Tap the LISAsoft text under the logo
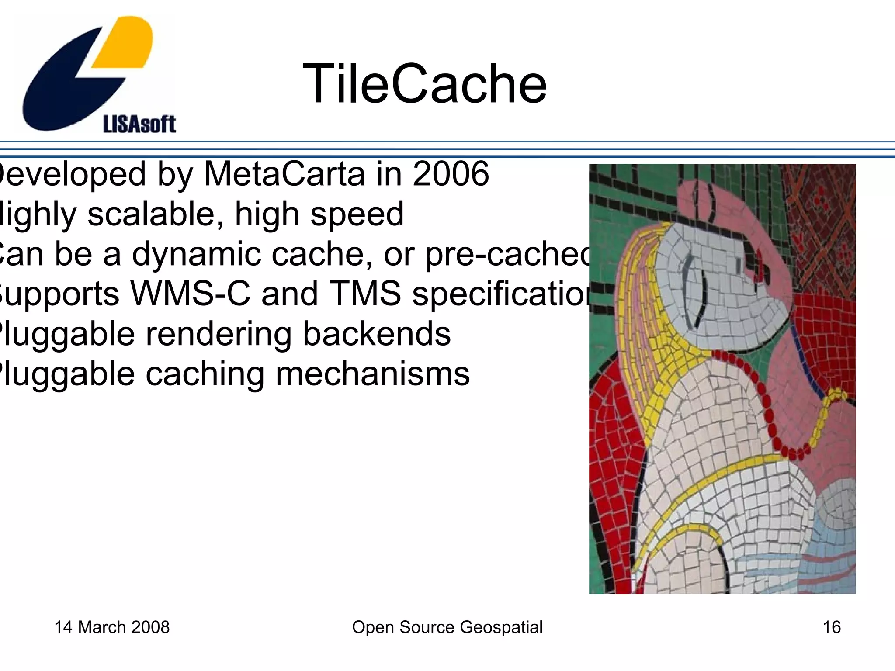139,124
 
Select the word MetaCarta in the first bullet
284,174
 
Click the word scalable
155,214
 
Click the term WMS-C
191,294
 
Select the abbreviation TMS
365,294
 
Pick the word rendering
218,334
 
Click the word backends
376,334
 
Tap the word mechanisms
372,374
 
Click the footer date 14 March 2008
112,627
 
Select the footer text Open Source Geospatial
447,627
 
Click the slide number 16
832,627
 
